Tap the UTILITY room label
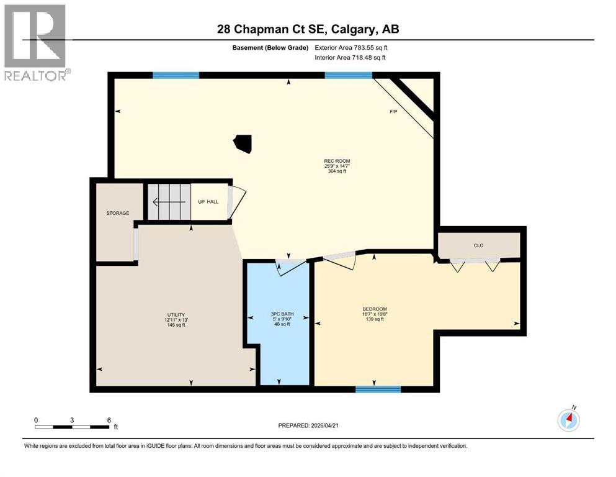(x=175, y=315)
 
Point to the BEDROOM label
(x=375, y=309)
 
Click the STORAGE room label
(x=118, y=214)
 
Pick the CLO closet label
(x=478, y=245)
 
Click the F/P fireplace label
(x=393, y=112)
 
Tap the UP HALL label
(x=208, y=201)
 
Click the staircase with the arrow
(x=167, y=201)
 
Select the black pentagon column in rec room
(x=243, y=143)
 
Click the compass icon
(x=569, y=420)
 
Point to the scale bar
(x=73, y=427)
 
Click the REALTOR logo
(x=35, y=42)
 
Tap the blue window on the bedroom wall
(x=378, y=389)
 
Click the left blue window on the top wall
(x=176, y=75)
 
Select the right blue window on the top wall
(x=349, y=75)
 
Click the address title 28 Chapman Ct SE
(x=308, y=30)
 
